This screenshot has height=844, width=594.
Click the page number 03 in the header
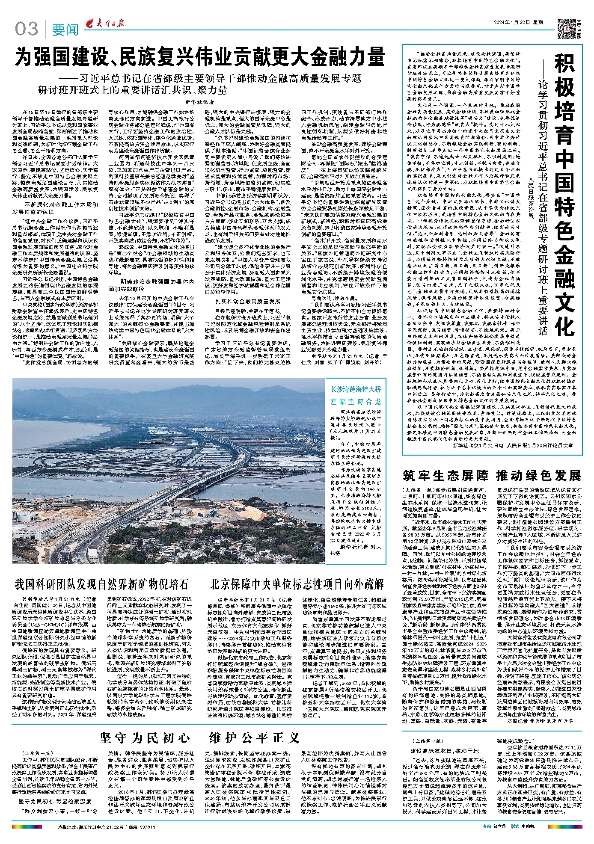coord(27,30)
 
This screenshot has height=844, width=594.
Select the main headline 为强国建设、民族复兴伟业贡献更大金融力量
coord(200,58)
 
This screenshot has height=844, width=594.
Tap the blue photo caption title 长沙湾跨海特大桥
coord(355,389)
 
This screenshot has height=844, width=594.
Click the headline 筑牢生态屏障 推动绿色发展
coord(492,476)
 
